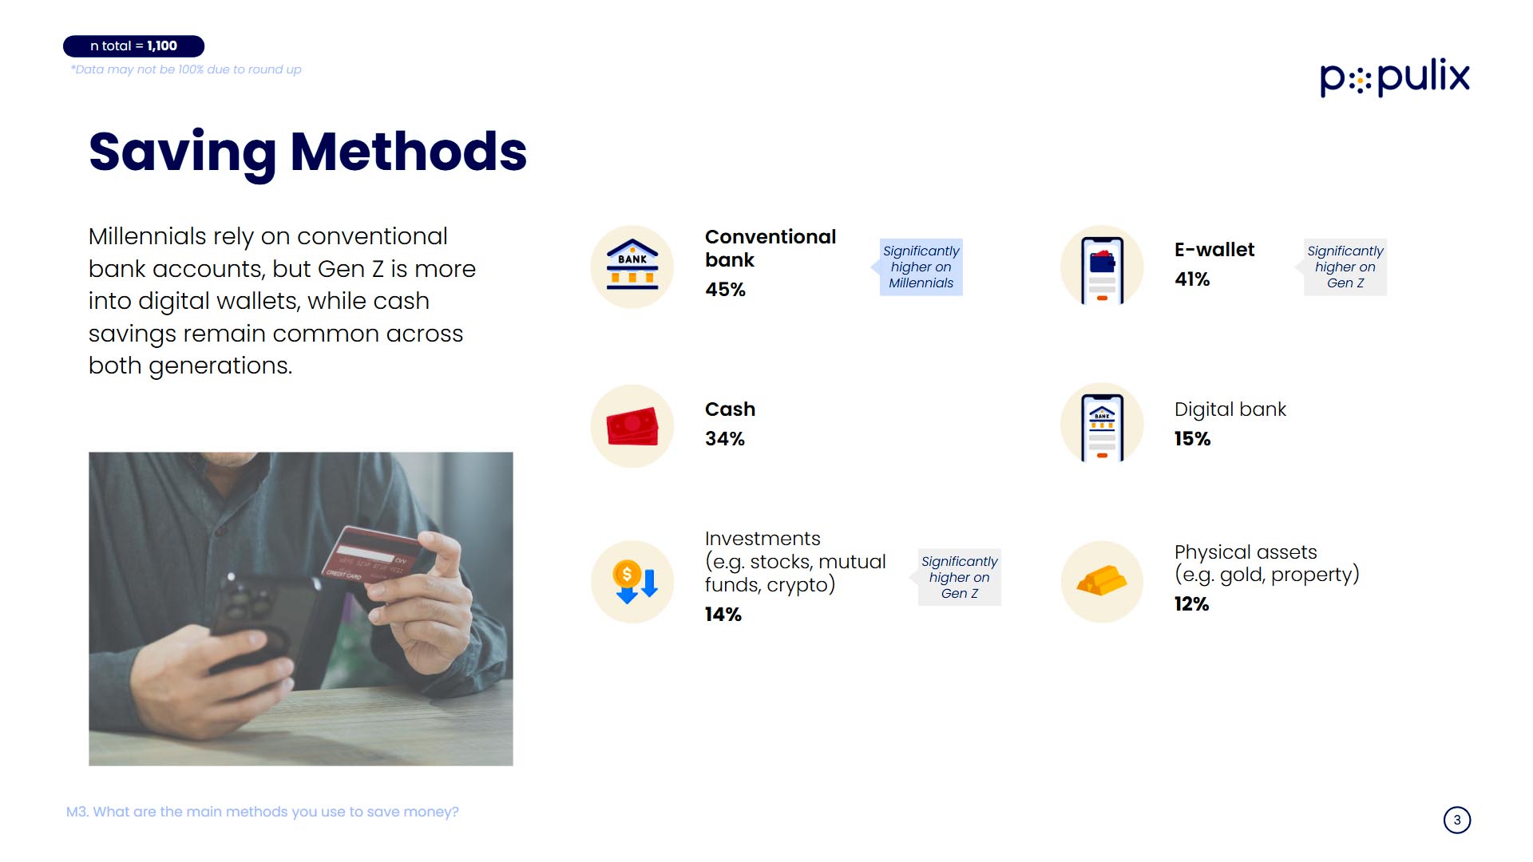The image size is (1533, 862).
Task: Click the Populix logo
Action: pos(1394,77)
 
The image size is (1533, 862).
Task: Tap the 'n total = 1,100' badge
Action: pos(133,46)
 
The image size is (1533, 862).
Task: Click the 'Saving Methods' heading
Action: pos(307,152)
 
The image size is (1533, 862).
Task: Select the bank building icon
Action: pos(632,266)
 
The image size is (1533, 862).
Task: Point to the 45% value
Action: pos(725,290)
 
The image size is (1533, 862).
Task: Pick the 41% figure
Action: pos(1192,279)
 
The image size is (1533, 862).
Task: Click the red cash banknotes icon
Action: pos(632,426)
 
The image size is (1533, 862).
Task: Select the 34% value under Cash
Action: pos(725,439)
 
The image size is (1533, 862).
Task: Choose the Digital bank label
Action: pos(1230,409)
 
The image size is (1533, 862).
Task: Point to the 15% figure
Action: pos(1192,439)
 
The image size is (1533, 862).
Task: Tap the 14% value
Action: pos(723,615)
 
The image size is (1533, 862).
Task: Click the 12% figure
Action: pos(1191,604)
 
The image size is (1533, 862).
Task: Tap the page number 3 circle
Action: pos(1457,820)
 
